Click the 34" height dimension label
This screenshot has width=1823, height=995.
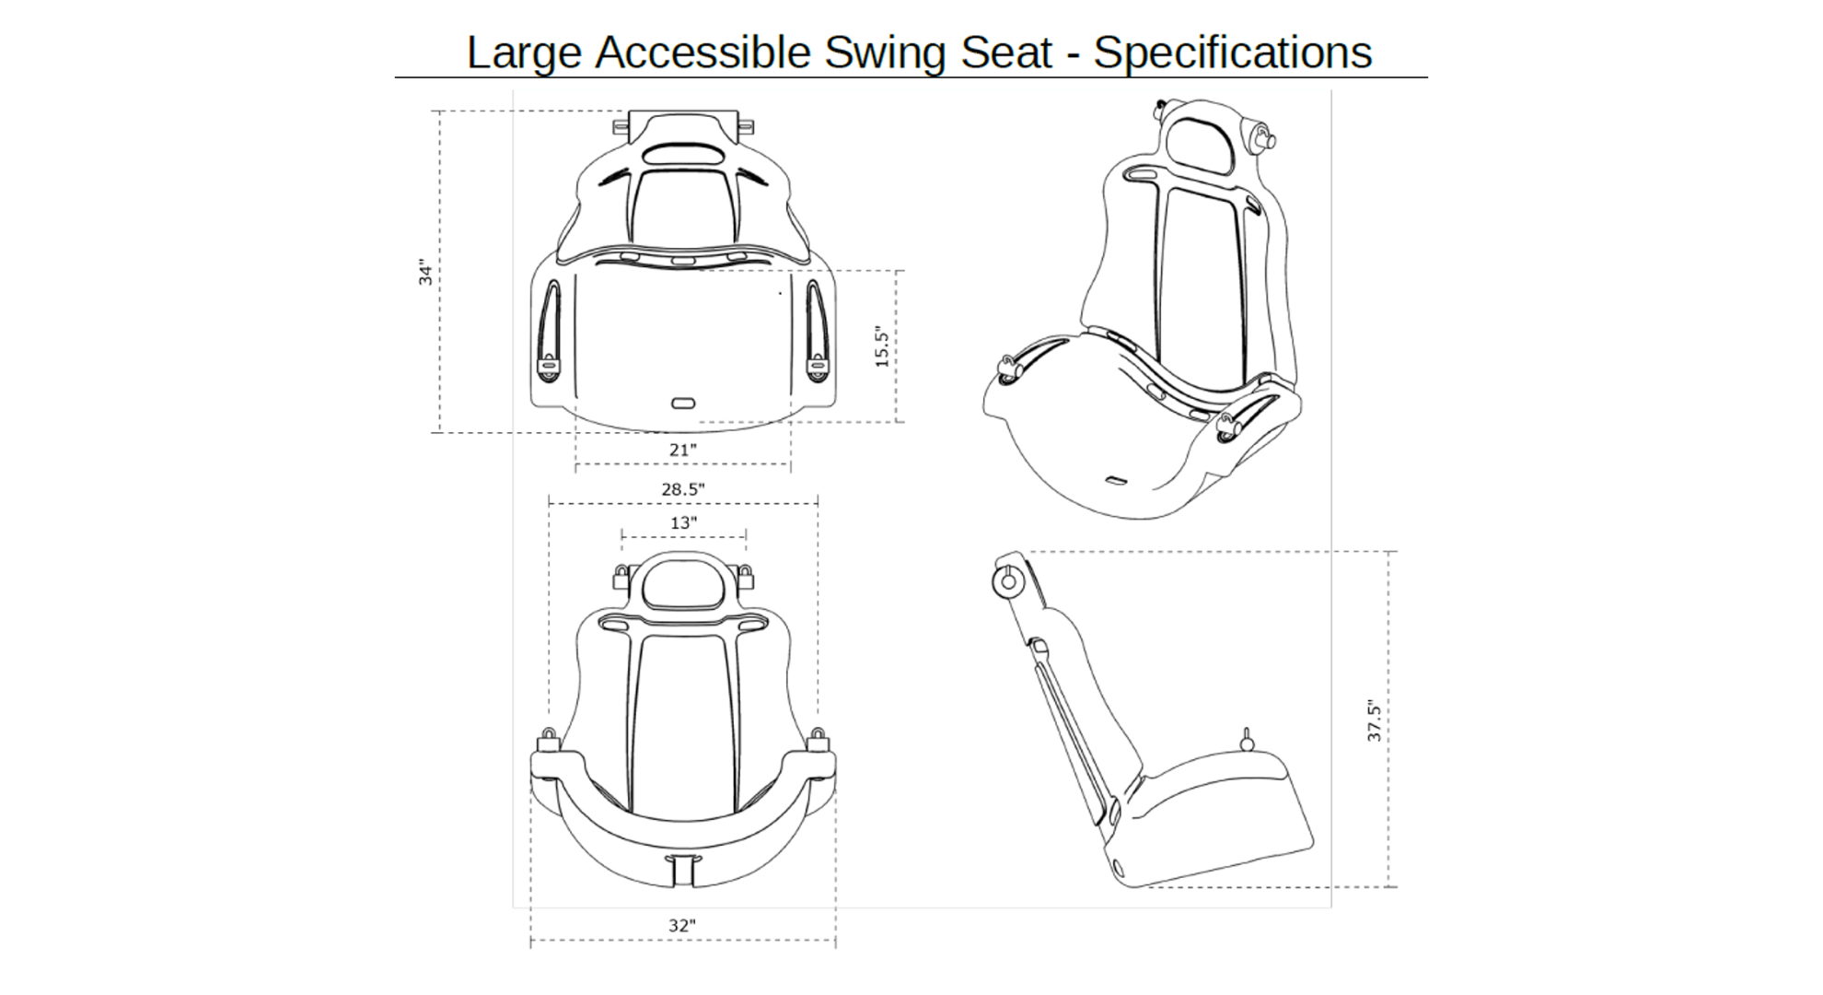pos(425,272)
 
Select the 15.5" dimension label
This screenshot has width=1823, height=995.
pos(882,346)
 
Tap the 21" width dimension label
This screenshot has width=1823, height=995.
pos(682,451)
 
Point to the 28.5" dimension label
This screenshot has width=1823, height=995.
pos(682,489)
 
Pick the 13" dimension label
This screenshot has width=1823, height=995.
pos(682,523)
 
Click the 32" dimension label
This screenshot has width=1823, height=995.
pos(682,926)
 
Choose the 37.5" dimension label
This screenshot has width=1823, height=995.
pos(1374,720)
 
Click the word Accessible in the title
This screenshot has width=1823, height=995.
pos(702,52)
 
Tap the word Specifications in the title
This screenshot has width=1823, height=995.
pos(1232,52)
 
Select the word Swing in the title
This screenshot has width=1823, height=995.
pos(884,52)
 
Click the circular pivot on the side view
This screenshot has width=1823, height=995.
pos(1008,581)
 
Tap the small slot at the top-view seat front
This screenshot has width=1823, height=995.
pos(683,403)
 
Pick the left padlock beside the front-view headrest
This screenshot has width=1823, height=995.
pos(621,578)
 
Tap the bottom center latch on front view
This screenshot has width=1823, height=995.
pos(682,869)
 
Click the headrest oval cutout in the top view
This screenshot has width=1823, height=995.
pos(682,154)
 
